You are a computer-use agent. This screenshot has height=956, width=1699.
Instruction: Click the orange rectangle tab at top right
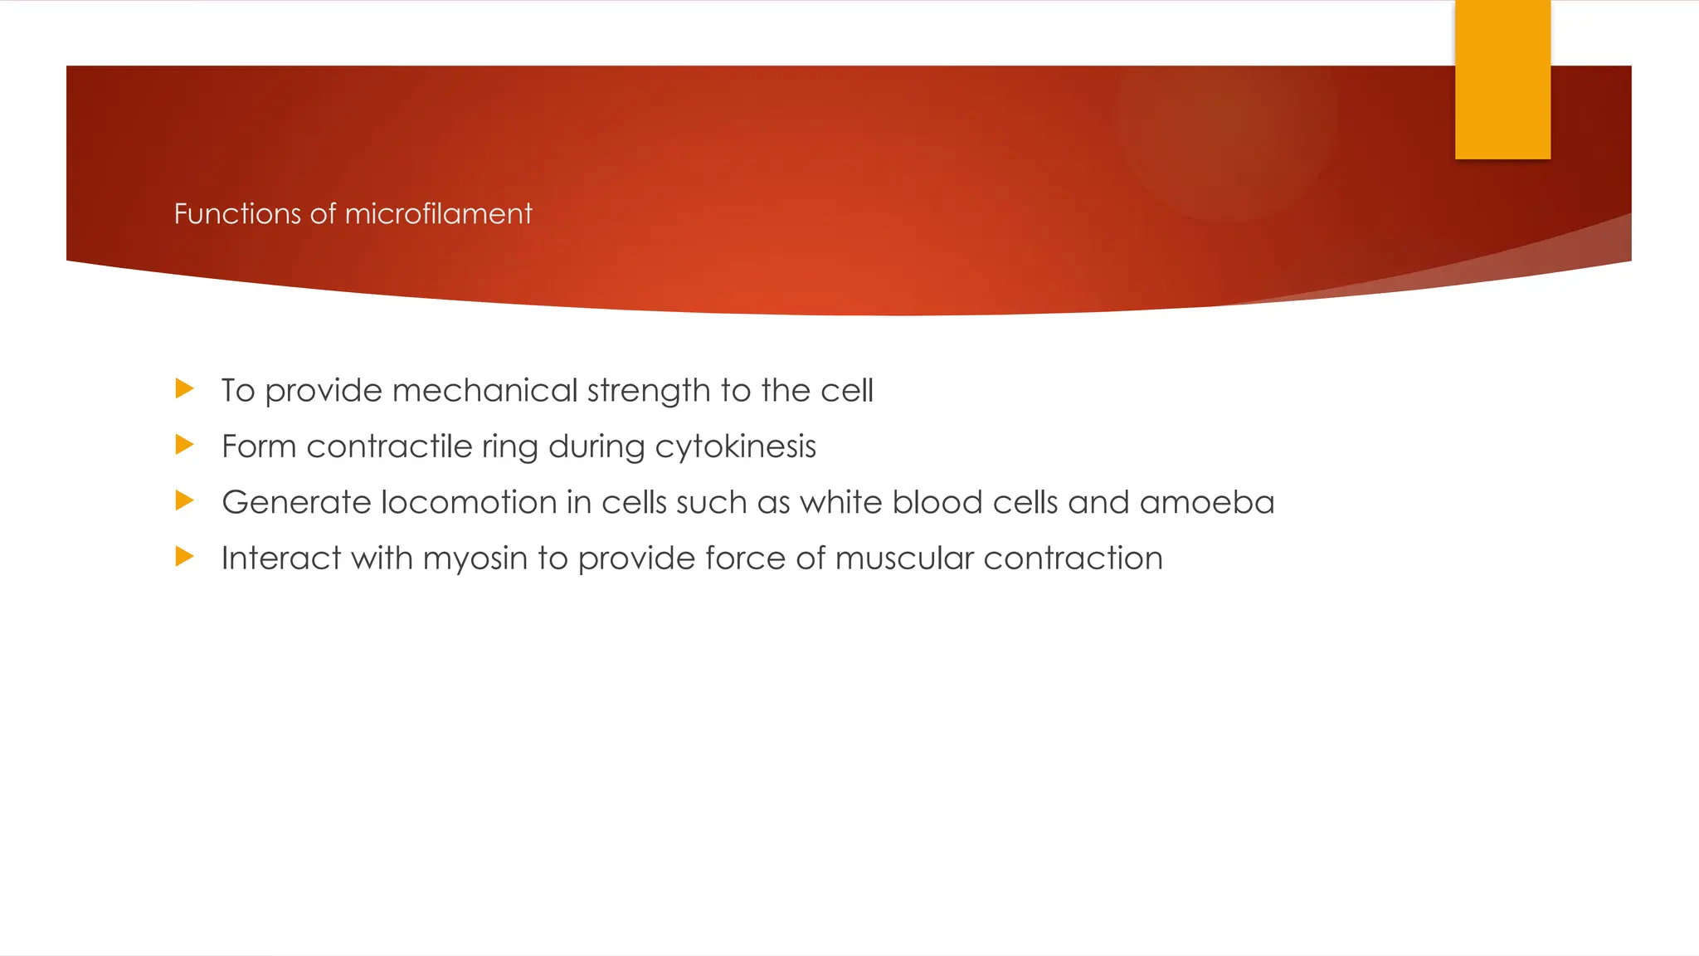coord(1502,80)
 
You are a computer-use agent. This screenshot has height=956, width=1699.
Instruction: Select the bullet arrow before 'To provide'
coord(184,388)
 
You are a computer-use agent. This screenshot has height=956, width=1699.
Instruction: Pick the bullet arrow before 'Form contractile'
coord(184,445)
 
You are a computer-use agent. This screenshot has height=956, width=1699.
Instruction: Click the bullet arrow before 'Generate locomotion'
coord(184,500)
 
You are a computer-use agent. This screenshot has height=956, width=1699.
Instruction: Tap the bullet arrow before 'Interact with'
coord(184,556)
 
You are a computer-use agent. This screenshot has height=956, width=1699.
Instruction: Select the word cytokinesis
coord(735,447)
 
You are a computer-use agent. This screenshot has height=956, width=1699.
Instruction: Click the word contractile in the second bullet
coord(389,446)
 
